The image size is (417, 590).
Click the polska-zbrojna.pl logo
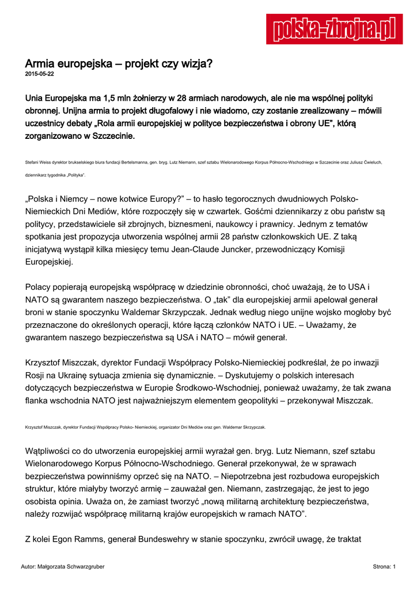tap(334, 29)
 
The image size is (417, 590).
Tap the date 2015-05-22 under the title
tap(40, 74)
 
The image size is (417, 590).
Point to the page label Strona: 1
tap(384, 568)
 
